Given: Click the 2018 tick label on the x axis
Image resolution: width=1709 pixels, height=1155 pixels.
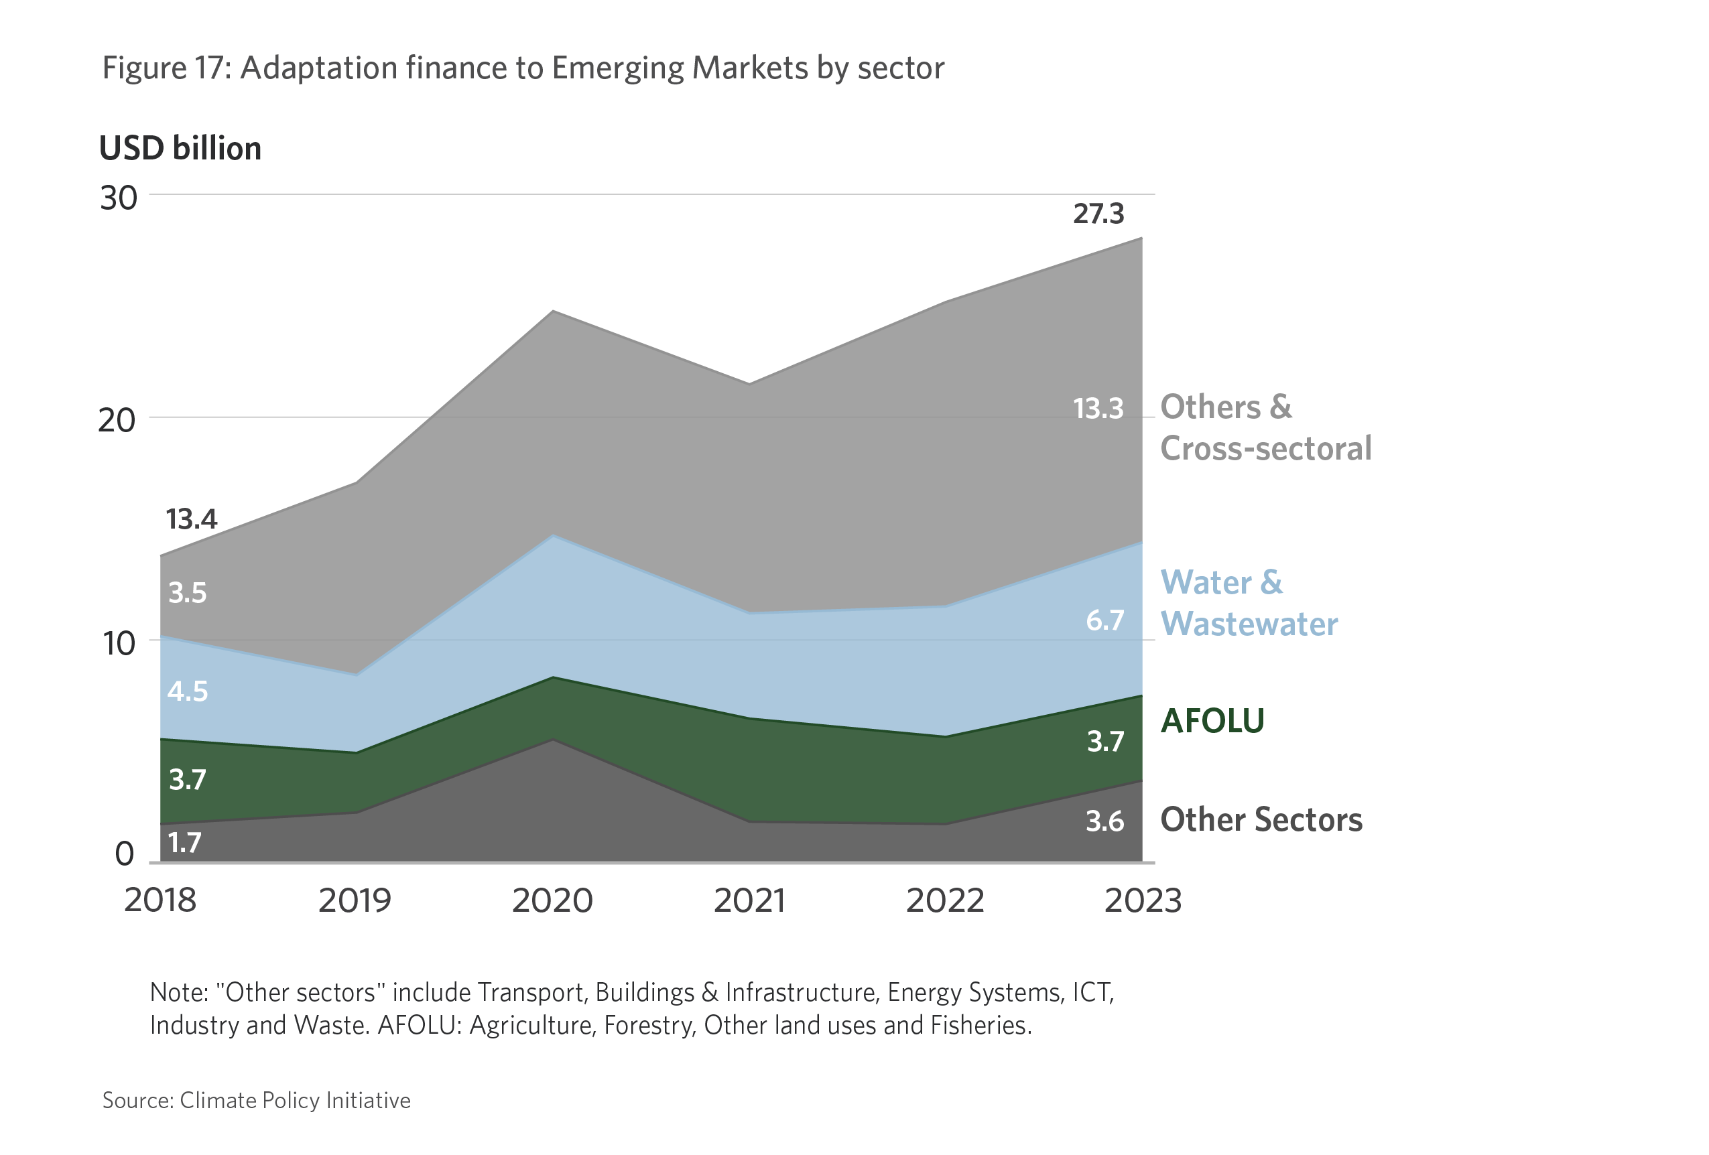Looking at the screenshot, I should tap(160, 900).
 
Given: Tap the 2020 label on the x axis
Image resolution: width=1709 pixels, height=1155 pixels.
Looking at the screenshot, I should tap(552, 900).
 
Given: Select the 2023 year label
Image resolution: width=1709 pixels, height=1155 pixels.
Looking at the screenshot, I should tap(1143, 900).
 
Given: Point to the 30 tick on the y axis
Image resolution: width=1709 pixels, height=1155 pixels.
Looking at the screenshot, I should tap(119, 198).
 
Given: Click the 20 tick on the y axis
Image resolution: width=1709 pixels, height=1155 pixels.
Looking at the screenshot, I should tap(117, 421).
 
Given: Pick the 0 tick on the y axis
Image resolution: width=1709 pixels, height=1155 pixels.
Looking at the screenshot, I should tap(125, 854).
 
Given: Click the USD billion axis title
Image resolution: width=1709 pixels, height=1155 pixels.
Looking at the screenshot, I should tap(180, 149).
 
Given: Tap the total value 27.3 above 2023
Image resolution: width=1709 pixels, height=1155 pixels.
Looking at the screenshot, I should tap(1098, 214).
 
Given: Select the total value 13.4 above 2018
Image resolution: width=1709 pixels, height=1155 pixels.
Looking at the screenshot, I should tap(191, 520).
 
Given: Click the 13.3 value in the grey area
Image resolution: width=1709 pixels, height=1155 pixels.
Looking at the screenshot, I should tap(1098, 409).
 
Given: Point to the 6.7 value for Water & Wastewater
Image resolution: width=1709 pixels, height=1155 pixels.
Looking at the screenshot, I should tap(1104, 620).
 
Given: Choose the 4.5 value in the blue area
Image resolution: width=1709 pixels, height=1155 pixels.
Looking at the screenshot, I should tap(188, 692).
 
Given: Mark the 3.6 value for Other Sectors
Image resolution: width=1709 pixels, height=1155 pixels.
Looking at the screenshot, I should tap(1104, 821).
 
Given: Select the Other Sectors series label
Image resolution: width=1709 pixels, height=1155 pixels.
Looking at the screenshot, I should tap(1261, 820).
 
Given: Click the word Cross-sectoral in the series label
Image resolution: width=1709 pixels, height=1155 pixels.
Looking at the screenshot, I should tap(1265, 448).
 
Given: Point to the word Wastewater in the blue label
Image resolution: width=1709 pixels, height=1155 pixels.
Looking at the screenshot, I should tap(1249, 624).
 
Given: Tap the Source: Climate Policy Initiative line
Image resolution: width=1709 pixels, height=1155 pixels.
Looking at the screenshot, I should tap(256, 1101).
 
